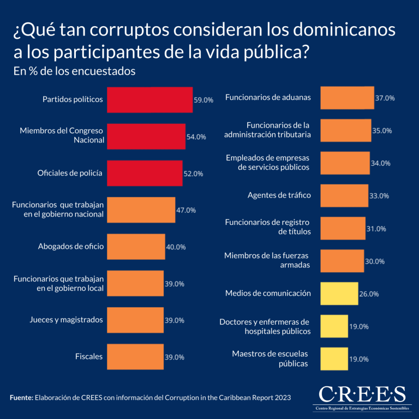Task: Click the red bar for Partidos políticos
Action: coord(149,100)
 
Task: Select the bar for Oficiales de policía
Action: coord(145,173)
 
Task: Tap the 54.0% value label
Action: coord(196,137)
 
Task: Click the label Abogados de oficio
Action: coord(71,247)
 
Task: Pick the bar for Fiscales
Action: coord(135,357)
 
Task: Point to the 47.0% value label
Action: coord(186,210)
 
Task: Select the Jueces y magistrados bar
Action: coord(135,320)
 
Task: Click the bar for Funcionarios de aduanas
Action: coord(347,98)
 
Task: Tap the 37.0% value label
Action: coord(385,98)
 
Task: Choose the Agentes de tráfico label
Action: coord(279,195)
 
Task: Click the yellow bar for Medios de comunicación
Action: coord(339,293)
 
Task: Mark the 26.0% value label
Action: coord(369,294)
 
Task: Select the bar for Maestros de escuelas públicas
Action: coord(334,358)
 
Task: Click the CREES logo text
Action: coord(362,394)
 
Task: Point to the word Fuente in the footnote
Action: coord(21,398)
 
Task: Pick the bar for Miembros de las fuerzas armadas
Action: coord(342,261)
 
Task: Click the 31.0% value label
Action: coord(376,229)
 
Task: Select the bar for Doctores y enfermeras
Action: coord(334,326)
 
